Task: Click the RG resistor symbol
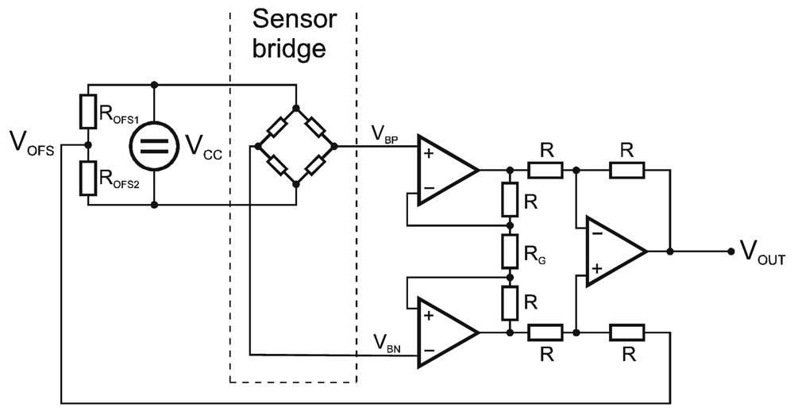coord(509,252)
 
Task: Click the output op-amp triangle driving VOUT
coord(613,252)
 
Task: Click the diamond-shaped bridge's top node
coord(295,107)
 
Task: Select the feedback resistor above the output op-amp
coord(627,169)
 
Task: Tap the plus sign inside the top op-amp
coord(429,154)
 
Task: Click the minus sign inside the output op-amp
coord(595,235)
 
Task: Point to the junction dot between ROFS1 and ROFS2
coord(88,145)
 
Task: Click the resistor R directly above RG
coord(509,200)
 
